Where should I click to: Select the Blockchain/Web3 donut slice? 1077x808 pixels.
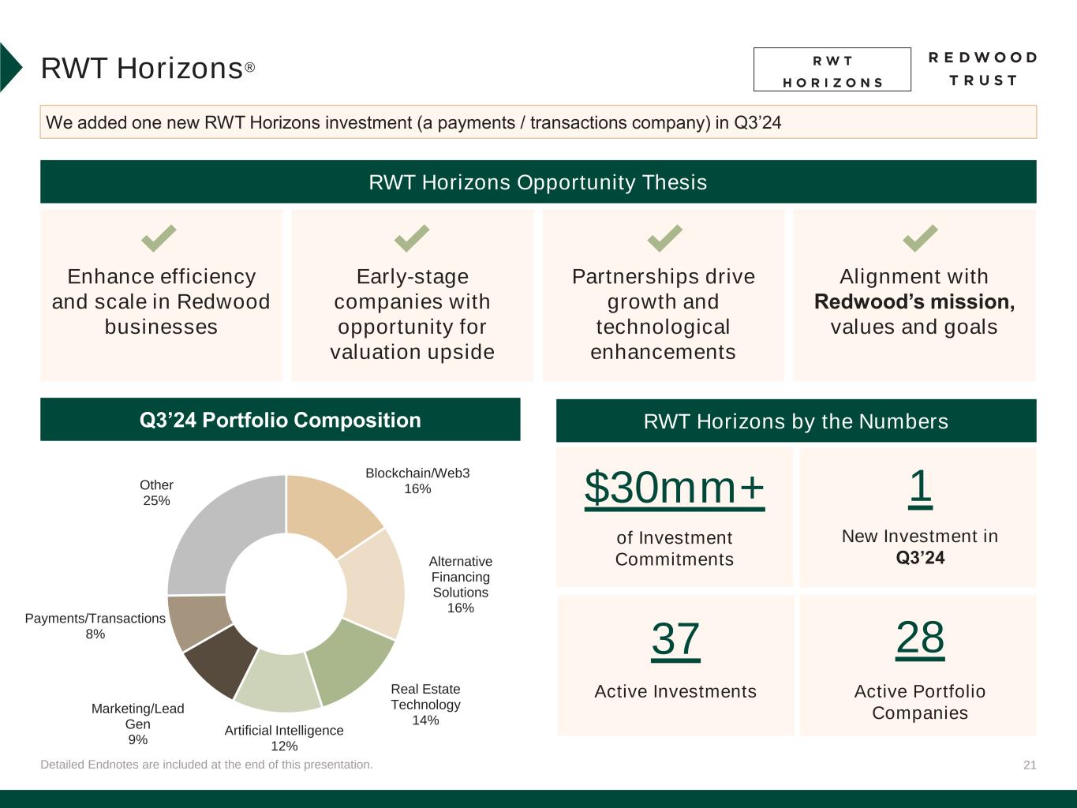[334, 511]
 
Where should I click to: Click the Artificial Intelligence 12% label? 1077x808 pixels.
[284, 738]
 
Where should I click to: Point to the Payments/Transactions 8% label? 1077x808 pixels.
[95, 626]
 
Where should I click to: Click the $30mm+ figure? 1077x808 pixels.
[674, 488]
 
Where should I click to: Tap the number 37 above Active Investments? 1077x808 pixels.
[675, 639]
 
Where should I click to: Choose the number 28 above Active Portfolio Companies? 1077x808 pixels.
[919, 638]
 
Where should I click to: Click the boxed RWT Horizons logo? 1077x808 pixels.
[832, 69]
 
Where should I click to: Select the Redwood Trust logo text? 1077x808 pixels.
[982, 69]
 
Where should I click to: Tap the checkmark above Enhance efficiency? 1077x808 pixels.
[159, 238]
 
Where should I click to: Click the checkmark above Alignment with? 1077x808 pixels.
[920, 238]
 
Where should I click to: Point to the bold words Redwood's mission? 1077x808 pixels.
[914, 301]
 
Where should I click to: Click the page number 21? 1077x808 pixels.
[1030, 765]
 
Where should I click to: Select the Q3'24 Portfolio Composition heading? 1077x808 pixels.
[280, 420]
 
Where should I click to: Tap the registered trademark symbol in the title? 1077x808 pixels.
[250, 67]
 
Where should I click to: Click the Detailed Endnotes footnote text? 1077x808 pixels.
[207, 765]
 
